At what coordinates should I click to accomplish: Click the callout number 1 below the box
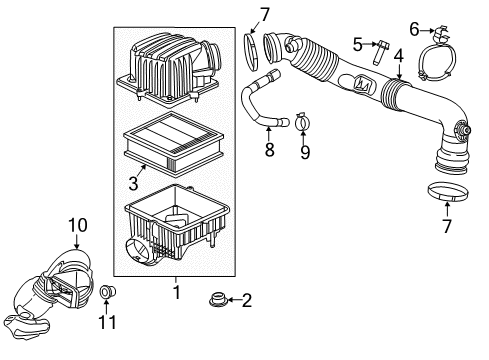tap(176, 293)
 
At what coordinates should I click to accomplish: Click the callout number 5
tap(356, 43)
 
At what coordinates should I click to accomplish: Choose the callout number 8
tap(268, 152)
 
